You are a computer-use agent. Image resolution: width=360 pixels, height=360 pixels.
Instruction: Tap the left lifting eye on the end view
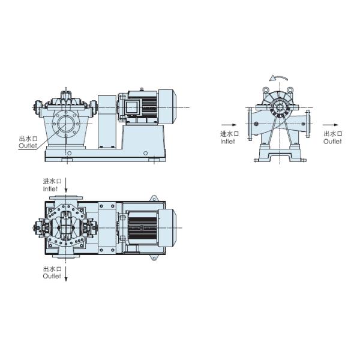tap(265, 90)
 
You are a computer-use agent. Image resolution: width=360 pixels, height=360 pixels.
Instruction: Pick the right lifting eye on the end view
tap(291, 90)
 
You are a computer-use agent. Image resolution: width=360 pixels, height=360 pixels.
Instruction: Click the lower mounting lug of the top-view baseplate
tap(154, 259)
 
